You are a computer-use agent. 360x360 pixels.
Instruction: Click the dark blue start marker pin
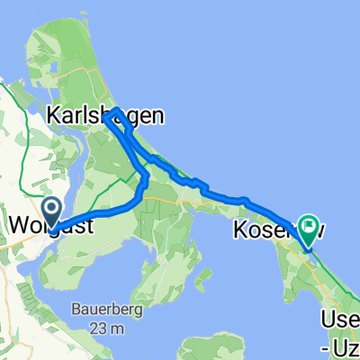point(52,212)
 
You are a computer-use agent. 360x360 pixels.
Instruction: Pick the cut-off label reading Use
point(341,320)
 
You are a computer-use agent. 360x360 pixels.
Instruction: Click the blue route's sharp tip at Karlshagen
point(106,114)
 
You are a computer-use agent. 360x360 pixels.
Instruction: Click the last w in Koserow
point(317,229)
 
